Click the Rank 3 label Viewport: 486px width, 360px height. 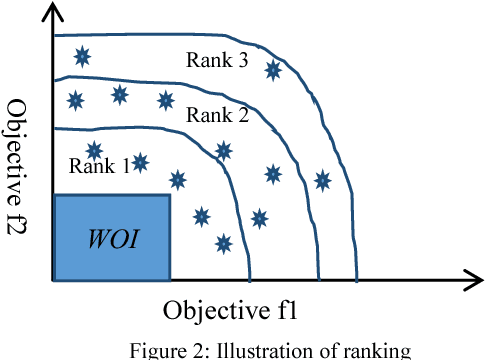point(216,59)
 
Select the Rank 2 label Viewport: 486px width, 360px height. point(217,114)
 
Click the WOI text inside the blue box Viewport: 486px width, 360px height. point(112,239)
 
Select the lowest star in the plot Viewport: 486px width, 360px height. point(224,242)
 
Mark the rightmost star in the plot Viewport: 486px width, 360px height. point(322,180)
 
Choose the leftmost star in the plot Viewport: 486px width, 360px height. point(73,99)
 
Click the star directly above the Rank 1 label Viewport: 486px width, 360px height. point(95,150)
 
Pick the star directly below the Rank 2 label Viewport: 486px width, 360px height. point(224,151)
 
